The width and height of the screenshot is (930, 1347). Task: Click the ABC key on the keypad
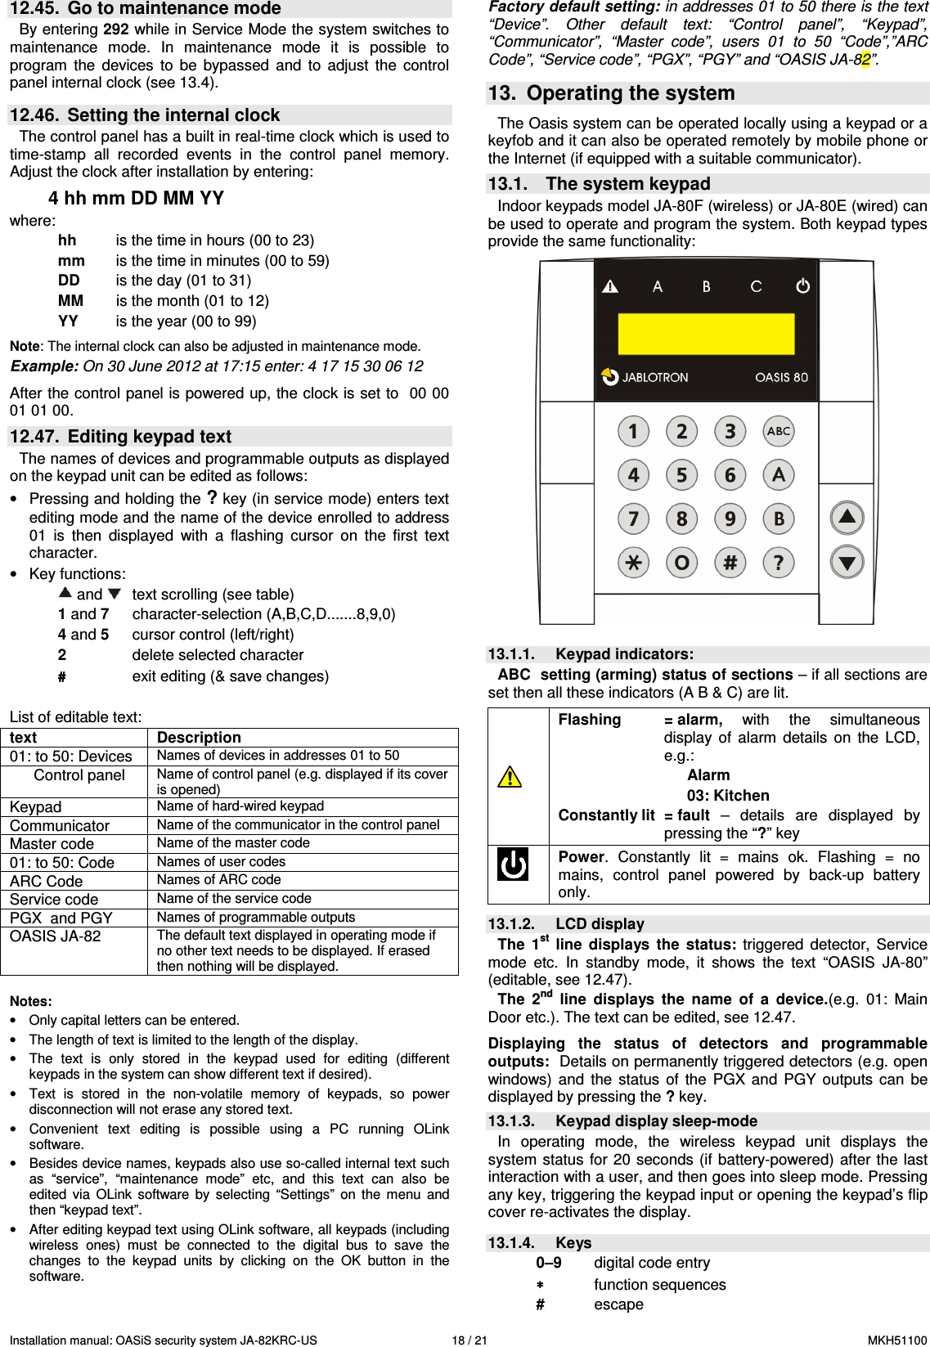click(x=778, y=431)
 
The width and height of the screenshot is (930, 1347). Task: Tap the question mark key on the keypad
click(x=778, y=562)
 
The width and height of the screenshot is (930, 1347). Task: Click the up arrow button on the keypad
click(x=847, y=517)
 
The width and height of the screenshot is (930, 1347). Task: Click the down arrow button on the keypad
click(x=847, y=562)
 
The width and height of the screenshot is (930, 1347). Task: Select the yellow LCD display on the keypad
click(x=706, y=334)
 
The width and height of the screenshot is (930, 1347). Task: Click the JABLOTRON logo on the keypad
click(x=645, y=377)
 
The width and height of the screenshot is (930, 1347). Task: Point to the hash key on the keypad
click(x=730, y=562)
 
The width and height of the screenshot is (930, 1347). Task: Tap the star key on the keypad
click(x=633, y=562)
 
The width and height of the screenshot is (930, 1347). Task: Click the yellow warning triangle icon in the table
click(x=510, y=776)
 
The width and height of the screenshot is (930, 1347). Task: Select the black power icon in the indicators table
click(x=513, y=864)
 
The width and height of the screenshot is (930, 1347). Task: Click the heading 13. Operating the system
click(x=612, y=93)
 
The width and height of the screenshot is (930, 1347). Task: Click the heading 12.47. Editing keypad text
click(x=121, y=436)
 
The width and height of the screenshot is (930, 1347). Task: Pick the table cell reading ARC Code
click(x=47, y=881)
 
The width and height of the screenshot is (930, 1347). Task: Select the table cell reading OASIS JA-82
click(x=56, y=936)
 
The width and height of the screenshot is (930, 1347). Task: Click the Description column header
click(x=199, y=737)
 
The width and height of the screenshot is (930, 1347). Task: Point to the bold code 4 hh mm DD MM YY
click(x=136, y=198)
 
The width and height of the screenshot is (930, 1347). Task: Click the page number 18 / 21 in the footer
click(x=469, y=1340)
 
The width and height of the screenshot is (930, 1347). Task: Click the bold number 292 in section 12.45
click(x=115, y=29)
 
